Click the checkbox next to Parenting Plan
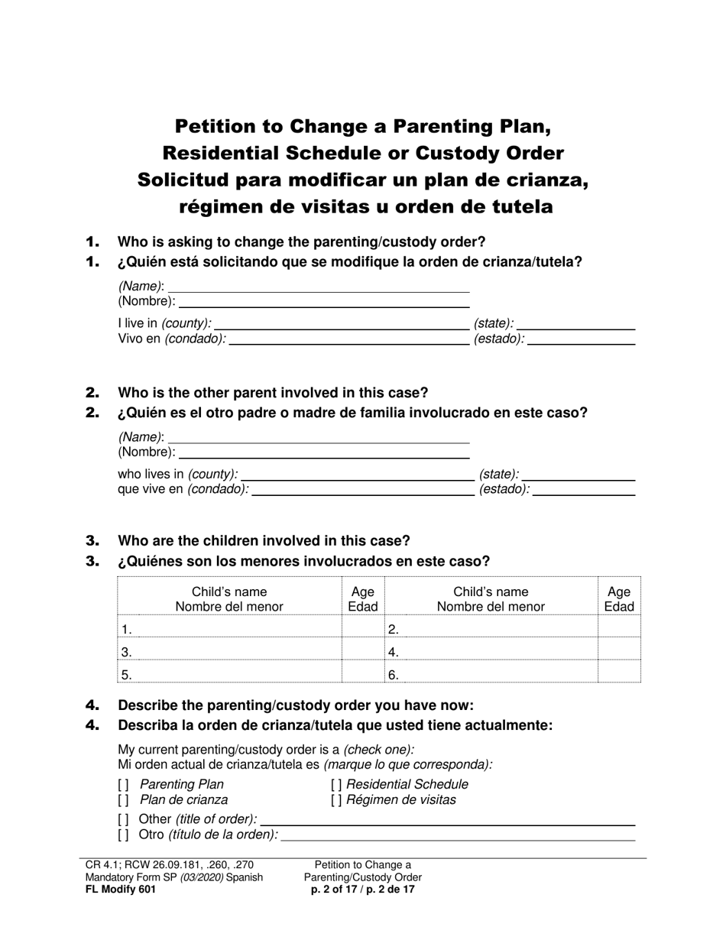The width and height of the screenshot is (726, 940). point(123,785)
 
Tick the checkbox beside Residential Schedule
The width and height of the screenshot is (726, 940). point(336,785)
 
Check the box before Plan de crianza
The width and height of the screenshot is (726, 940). point(123,801)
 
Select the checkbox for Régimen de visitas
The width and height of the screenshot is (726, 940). point(336,801)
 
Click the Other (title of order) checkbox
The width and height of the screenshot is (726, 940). point(123,819)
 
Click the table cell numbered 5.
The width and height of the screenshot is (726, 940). point(229,673)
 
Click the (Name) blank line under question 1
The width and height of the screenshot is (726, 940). point(318,287)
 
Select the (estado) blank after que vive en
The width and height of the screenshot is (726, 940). point(584,491)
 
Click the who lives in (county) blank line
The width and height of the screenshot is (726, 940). point(357,475)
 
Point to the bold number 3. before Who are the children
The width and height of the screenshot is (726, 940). point(93,541)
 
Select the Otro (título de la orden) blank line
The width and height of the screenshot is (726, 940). point(459,835)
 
